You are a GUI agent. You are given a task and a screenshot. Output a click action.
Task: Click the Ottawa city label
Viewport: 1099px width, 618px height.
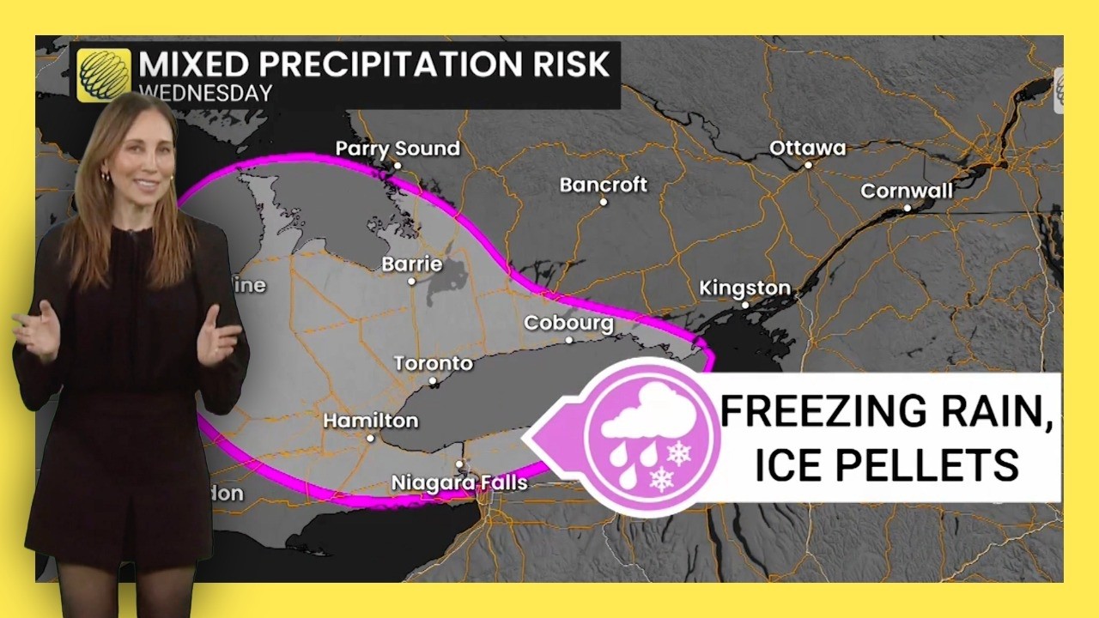tap(807, 148)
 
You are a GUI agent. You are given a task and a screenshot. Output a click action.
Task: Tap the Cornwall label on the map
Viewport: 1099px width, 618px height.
tap(907, 191)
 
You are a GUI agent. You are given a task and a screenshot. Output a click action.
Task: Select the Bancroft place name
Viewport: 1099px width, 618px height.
tap(603, 185)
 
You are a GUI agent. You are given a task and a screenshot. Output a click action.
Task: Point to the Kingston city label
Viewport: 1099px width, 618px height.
tap(744, 288)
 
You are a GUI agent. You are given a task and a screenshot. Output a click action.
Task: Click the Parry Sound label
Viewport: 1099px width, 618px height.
tap(398, 148)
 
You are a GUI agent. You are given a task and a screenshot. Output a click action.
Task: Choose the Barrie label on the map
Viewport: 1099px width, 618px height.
tap(412, 264)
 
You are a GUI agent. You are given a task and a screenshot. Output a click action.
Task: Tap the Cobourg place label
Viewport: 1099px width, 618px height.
tap(568, 324)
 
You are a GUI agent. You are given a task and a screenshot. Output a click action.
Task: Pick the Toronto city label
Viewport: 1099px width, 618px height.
tap(434, 364)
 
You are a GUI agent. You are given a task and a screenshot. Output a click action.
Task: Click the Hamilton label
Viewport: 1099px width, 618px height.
tap(370, 421)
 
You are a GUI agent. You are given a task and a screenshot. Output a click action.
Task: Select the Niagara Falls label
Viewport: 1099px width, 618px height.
tap(459, 483)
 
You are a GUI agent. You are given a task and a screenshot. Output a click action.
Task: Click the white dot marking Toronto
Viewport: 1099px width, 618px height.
tap(433, 380)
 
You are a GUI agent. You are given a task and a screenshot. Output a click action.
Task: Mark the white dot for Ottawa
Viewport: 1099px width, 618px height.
tap(808, 165)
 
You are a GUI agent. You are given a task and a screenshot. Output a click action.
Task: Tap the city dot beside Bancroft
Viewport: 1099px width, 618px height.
tap(604, 202)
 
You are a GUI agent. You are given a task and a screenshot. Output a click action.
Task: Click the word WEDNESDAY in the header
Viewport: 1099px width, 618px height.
tap(205, 93)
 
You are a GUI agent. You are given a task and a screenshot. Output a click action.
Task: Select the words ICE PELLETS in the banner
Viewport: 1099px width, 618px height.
tap(886, 464)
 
